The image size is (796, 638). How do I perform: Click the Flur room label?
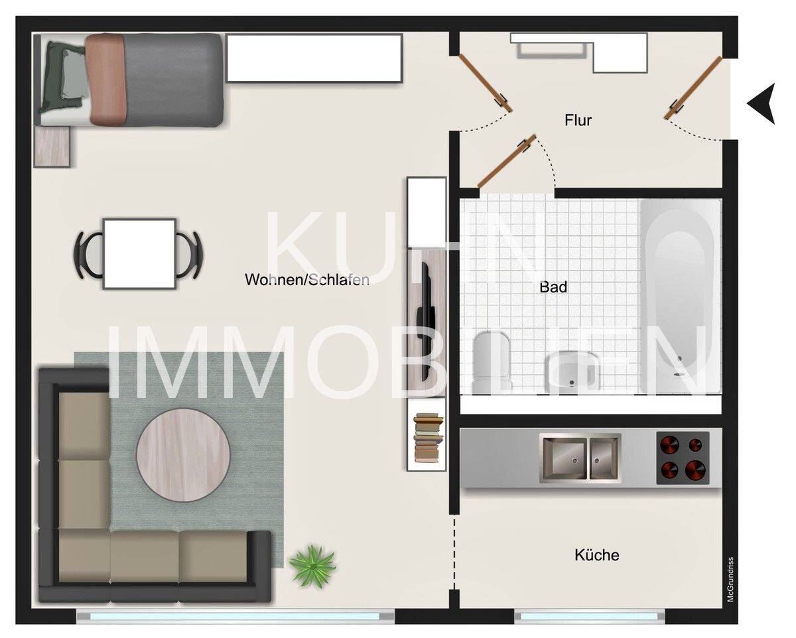(578, 120)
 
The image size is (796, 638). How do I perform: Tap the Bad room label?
(553, 287)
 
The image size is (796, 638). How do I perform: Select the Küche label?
(596, 555)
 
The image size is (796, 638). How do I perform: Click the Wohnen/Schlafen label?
(307, 280)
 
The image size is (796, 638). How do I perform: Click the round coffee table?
(184, 454)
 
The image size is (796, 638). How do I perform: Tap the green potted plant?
(312, 566)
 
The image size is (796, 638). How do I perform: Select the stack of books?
(428, 438)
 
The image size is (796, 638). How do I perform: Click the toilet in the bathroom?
(492, 361)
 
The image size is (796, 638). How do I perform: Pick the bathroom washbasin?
(572, 371)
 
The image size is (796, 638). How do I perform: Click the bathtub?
(680, 296)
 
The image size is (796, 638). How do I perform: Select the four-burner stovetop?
(683, 458)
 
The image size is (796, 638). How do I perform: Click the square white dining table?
(139, 254)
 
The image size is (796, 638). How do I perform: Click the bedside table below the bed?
(52, 147)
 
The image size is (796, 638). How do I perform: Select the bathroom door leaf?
(507, 161)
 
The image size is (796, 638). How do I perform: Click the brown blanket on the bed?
(106, 79)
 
